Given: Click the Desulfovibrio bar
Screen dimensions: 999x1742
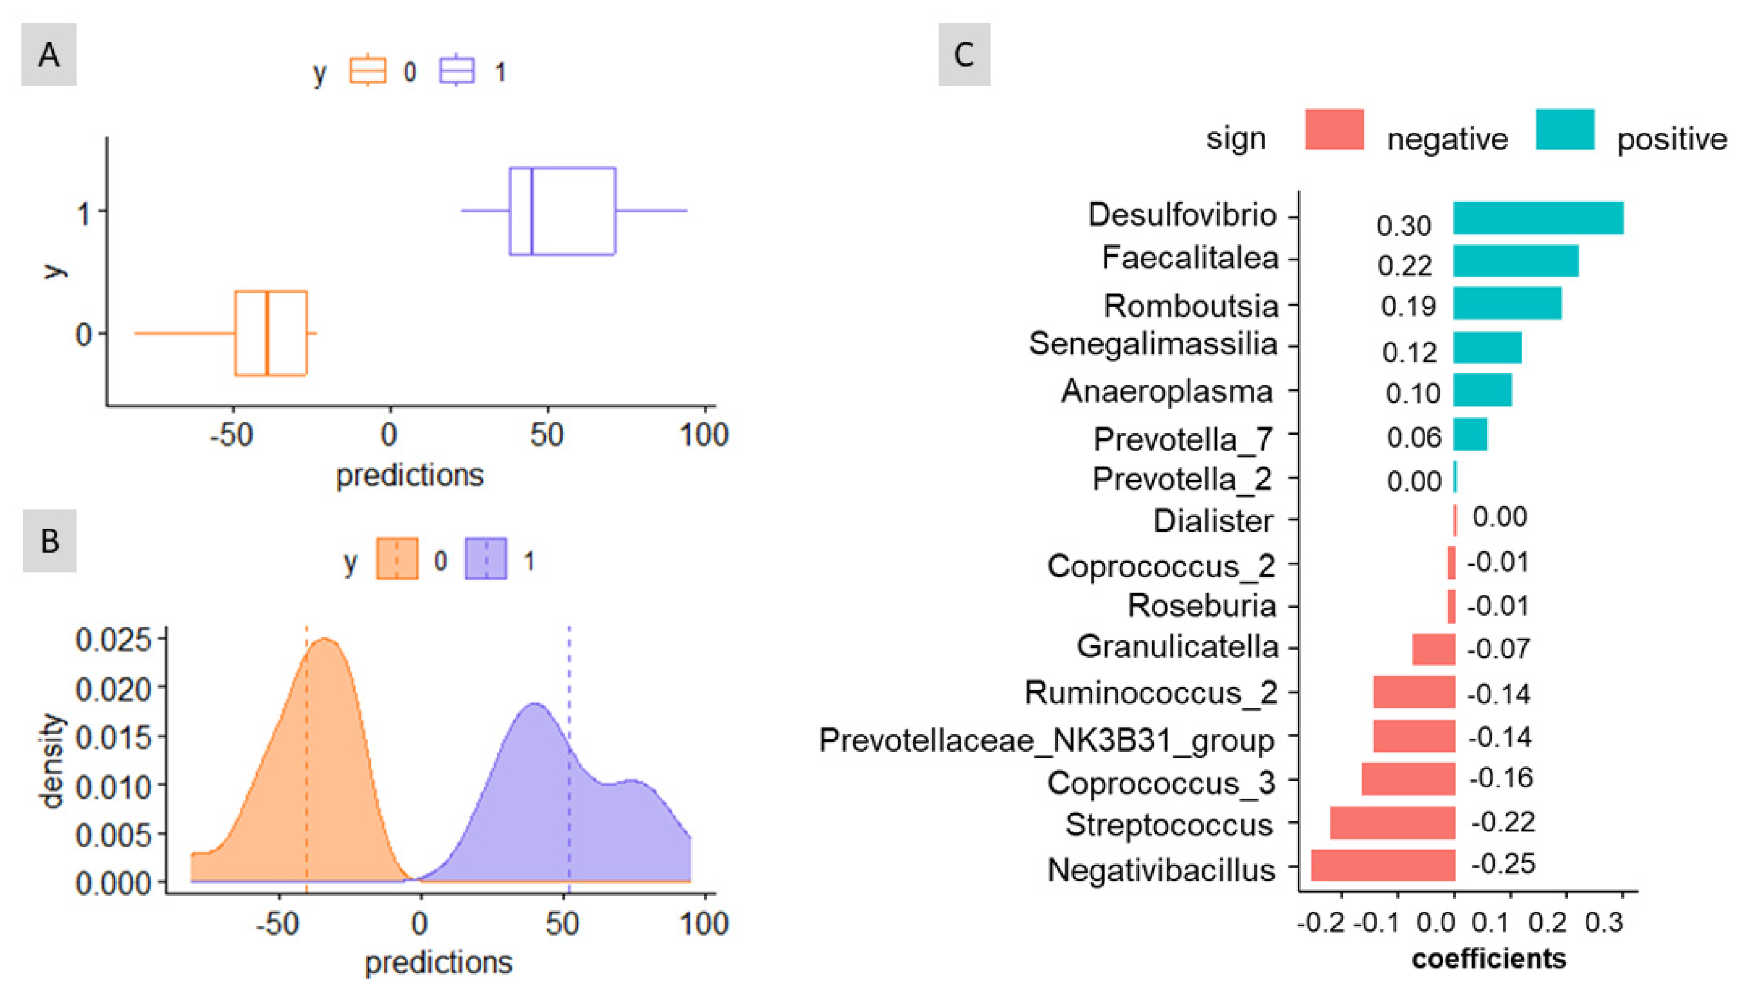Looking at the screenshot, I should (x=1537, y=218).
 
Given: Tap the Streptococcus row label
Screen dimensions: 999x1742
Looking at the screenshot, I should (x=1169, y=825).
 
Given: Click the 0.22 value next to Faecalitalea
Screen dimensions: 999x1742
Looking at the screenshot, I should (x=1404, y=266).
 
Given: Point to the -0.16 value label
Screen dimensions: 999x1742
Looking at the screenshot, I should (x=1501, y=778).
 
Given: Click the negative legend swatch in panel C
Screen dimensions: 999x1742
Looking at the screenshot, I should (x=1334, y=130).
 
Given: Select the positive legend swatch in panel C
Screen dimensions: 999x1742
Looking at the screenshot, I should (x=1564, y=130).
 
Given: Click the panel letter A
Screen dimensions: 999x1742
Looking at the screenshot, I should (x=49, y=54).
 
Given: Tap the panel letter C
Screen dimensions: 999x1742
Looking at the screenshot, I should (x=964, y=54).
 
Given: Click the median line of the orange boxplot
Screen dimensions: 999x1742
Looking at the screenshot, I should (x=267, y=334).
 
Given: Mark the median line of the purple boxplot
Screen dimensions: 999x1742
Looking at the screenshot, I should (x=532, y=211).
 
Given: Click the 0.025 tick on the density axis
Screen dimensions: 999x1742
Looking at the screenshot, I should (x=113, y=639).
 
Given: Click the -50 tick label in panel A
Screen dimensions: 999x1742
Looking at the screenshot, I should (x=232, y=435).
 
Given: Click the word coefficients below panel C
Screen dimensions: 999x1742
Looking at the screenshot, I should (x=1489, y=959).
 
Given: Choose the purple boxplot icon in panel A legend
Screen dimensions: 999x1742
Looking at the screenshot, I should (x=456, y=71).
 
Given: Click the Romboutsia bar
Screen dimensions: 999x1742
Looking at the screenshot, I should (x=1506, y=303).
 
